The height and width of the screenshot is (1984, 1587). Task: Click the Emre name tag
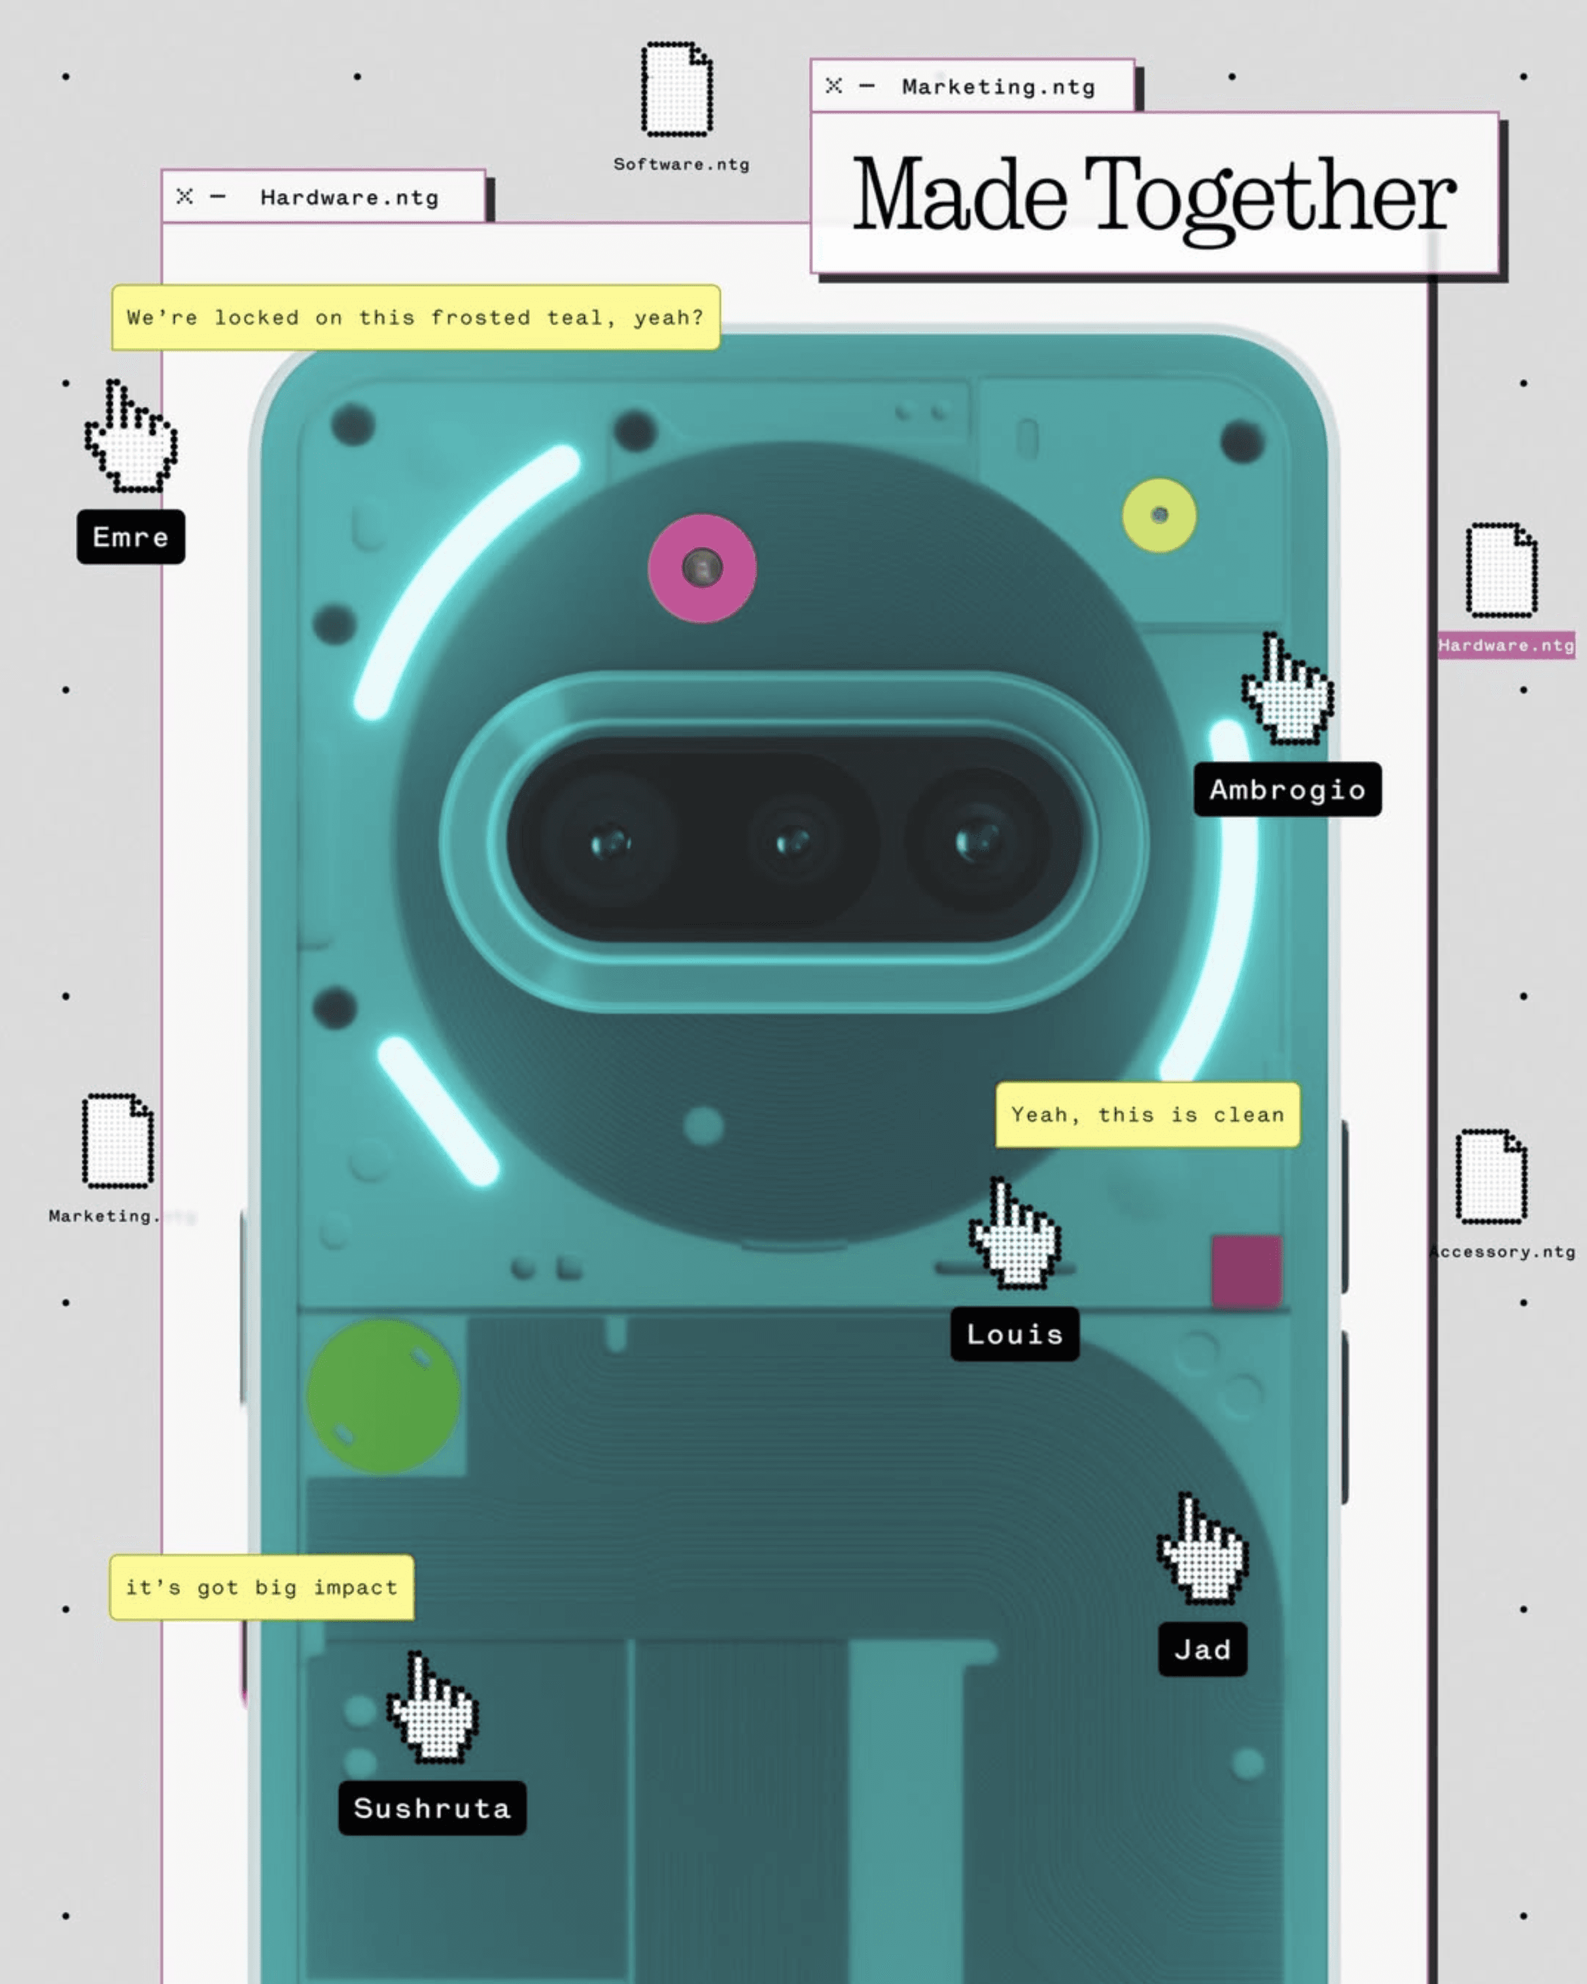[131, 537]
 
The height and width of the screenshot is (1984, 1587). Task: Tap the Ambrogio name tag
[1287, 788]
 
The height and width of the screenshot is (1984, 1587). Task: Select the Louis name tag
[1014, 1334]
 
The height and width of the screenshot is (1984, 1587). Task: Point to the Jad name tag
[1202, 1649]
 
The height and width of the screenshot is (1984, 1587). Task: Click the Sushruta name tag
[432, 1808]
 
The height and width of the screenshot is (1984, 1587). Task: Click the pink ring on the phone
[702, 568]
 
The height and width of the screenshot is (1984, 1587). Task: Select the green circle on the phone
[383, 1396]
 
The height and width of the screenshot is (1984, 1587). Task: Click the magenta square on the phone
[1246, 1271]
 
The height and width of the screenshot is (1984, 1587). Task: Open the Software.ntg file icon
[677, 89]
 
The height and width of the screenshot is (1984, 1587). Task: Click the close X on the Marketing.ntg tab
[833, 86]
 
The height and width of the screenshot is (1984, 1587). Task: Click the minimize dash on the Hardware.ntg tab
[217, 197]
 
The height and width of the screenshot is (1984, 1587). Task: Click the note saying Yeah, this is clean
[1147, 1114]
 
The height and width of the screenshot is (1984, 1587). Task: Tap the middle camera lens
[793, 841]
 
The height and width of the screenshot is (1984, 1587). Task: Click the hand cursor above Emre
[131, 437]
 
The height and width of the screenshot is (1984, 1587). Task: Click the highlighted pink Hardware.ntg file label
[1506, 645]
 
